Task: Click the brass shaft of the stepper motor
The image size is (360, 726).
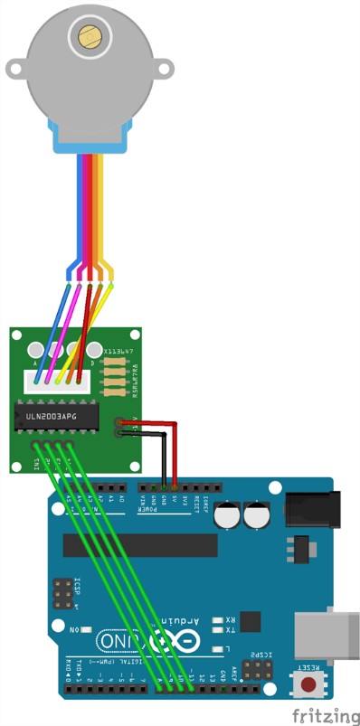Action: tap(89, 36)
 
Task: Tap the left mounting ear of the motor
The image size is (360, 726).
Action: tap(17, 68)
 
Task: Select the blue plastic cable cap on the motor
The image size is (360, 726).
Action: tap(90, 135)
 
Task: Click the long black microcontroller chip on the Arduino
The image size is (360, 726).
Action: tap(140, 545)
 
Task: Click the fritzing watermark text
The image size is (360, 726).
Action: tap(325, 713)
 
